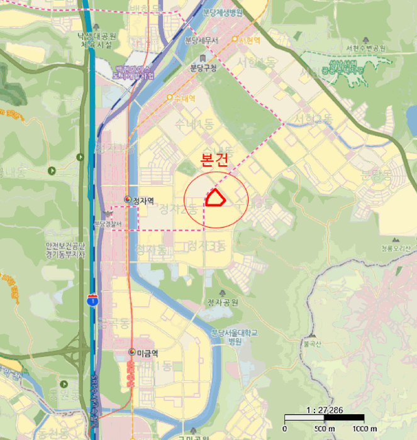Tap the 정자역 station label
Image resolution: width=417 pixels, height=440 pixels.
(x=143, y=201)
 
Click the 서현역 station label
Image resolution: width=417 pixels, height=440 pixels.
(x=249, y=40)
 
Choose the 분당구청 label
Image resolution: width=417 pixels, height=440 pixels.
(x=203, y=68)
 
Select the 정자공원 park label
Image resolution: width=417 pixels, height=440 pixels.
(x=223, y=302)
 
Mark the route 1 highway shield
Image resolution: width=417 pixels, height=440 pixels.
(x=93, y=300)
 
